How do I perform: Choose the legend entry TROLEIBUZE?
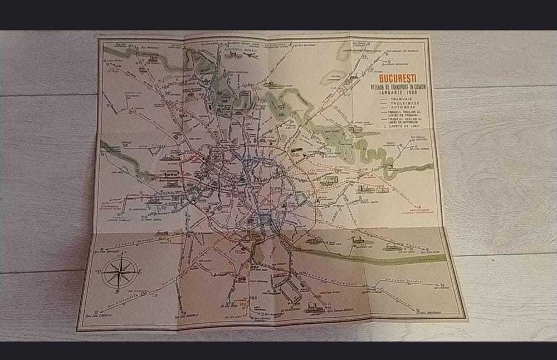coord(404,103)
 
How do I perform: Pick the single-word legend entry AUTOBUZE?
coord(403,107)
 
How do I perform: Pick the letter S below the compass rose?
coord(117,291)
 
